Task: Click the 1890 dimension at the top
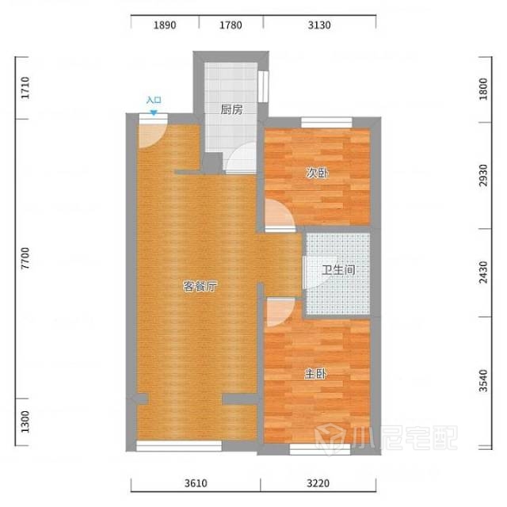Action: (165, 25)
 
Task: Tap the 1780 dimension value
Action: (231, 25)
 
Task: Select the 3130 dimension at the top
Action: (319, 25)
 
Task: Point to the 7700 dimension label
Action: (25, 258)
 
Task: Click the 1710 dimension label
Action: (25, 88)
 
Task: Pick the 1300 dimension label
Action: (25, 422)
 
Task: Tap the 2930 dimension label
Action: (483, 175)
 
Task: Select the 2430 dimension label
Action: (483, 273)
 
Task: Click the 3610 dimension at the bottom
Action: (196, 483)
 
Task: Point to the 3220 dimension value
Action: (318, 483)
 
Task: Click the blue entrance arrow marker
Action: (154, 112)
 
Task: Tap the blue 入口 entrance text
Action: (154, 100)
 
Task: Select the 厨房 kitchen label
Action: (231, 109)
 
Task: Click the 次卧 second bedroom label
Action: (317, 173)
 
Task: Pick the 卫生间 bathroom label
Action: (338, 269)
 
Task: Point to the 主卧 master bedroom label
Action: (315, 374)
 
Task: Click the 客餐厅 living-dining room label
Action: (200, 287)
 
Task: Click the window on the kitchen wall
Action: (263, 86)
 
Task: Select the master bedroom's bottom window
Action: (320, 449)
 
